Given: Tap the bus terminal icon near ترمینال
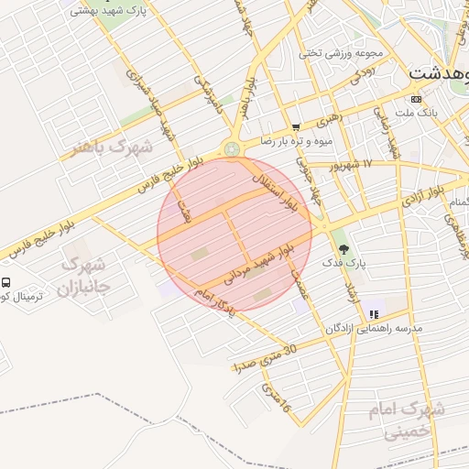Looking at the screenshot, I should click(5, 283).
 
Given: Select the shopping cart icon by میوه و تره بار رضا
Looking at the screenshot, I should click(295, 127).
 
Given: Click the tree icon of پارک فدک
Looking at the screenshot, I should click(344, 248).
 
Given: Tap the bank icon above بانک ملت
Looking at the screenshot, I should click(417, 98).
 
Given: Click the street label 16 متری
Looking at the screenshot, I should click(276, 399).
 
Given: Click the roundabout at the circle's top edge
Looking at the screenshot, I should click(233, 148).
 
